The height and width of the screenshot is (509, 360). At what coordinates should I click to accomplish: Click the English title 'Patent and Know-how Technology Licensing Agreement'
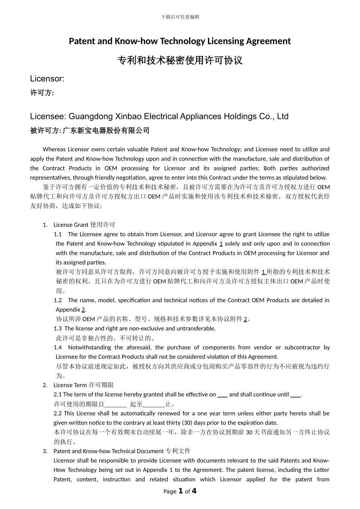pos(180,41)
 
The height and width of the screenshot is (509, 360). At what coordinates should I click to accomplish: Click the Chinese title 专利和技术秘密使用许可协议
pos(180,60)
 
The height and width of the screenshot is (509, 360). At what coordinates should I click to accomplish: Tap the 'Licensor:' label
pos(47,79)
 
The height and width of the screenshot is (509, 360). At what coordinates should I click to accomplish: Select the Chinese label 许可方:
pos(42,93)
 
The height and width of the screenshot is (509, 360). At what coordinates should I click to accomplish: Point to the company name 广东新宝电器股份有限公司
pos(106,131)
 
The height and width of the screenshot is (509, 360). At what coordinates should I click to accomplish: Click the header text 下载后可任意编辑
pos(180,17)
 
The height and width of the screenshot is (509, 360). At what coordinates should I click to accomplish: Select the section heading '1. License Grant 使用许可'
pos(79,225)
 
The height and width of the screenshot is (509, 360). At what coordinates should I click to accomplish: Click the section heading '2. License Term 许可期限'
pos(78,385)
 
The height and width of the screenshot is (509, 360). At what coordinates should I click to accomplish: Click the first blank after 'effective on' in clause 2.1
pos(222,395)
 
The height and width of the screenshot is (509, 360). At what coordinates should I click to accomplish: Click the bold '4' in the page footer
pos(194,491)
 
